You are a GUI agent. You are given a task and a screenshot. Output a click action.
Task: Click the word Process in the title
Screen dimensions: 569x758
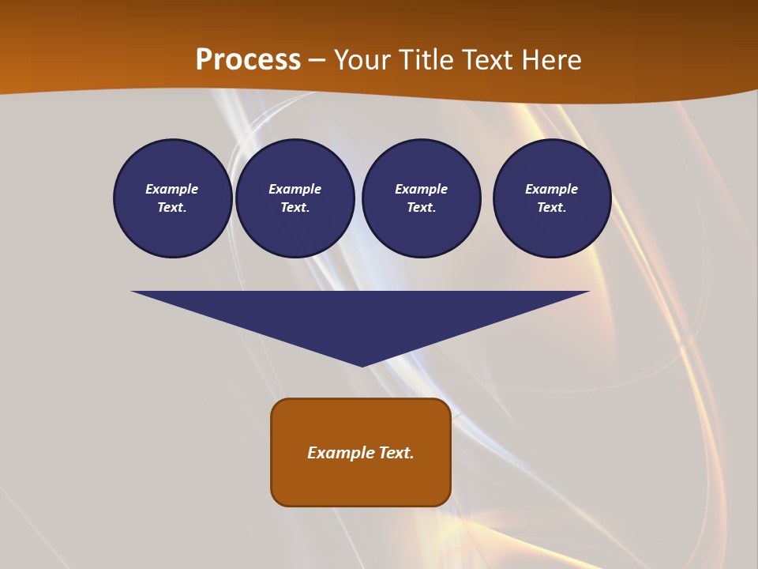click(x=248, y=60)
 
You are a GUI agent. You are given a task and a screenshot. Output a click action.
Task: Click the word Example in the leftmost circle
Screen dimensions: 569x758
click(x=172, y=189)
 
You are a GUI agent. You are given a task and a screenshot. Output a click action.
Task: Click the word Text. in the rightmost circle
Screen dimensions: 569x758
click(x=552, y=207)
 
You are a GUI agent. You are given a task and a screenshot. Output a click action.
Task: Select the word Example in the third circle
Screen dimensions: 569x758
click(x=422, y=189)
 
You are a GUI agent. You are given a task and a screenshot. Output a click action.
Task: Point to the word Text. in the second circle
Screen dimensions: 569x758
click(x=295, y=207)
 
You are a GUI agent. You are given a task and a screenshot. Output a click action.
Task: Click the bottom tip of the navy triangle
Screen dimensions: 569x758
click(x=362, y=364)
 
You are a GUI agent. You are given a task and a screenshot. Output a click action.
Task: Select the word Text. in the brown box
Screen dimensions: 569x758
click(x=396, y=453)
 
